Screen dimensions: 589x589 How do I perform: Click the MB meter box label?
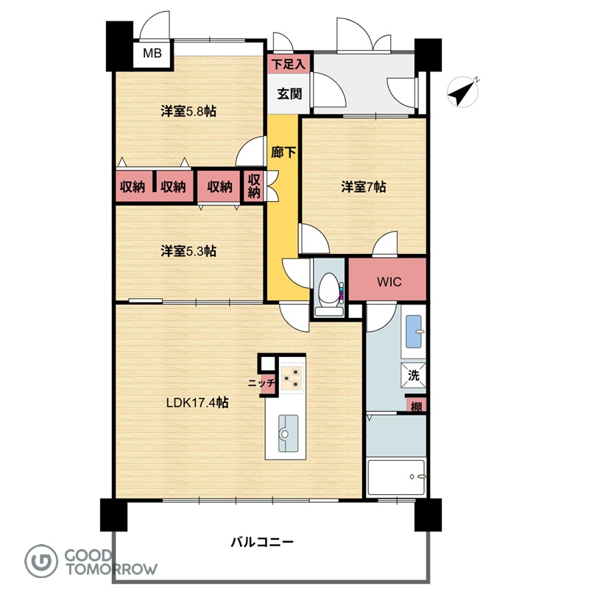pos(152,53)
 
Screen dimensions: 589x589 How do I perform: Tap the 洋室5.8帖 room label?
pos(188,111)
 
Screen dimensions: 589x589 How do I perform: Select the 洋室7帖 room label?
pos(363,187)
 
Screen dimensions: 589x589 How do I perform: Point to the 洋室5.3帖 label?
pos(188,251)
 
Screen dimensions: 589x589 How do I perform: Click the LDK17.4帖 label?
pos(197,403)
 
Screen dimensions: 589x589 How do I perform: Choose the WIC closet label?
pos(389,282)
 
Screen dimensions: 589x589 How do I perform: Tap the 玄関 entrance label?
pos(289,94)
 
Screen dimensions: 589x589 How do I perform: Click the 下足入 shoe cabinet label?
pos(289,64)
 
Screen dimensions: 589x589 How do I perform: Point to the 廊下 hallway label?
pos(283,152)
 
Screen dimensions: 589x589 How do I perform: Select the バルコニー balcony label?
pos(262,542)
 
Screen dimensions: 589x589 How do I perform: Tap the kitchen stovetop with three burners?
pos(292,378)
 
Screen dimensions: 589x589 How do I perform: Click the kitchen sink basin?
pos(288,433)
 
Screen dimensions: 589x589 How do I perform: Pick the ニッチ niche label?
pos(261,384)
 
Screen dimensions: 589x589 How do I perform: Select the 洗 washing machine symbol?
pos(413,375)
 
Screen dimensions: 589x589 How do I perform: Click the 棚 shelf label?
pos(416,406)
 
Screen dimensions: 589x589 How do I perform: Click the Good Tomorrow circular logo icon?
pos(41,561)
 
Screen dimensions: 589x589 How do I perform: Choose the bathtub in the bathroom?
pos(396,477)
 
